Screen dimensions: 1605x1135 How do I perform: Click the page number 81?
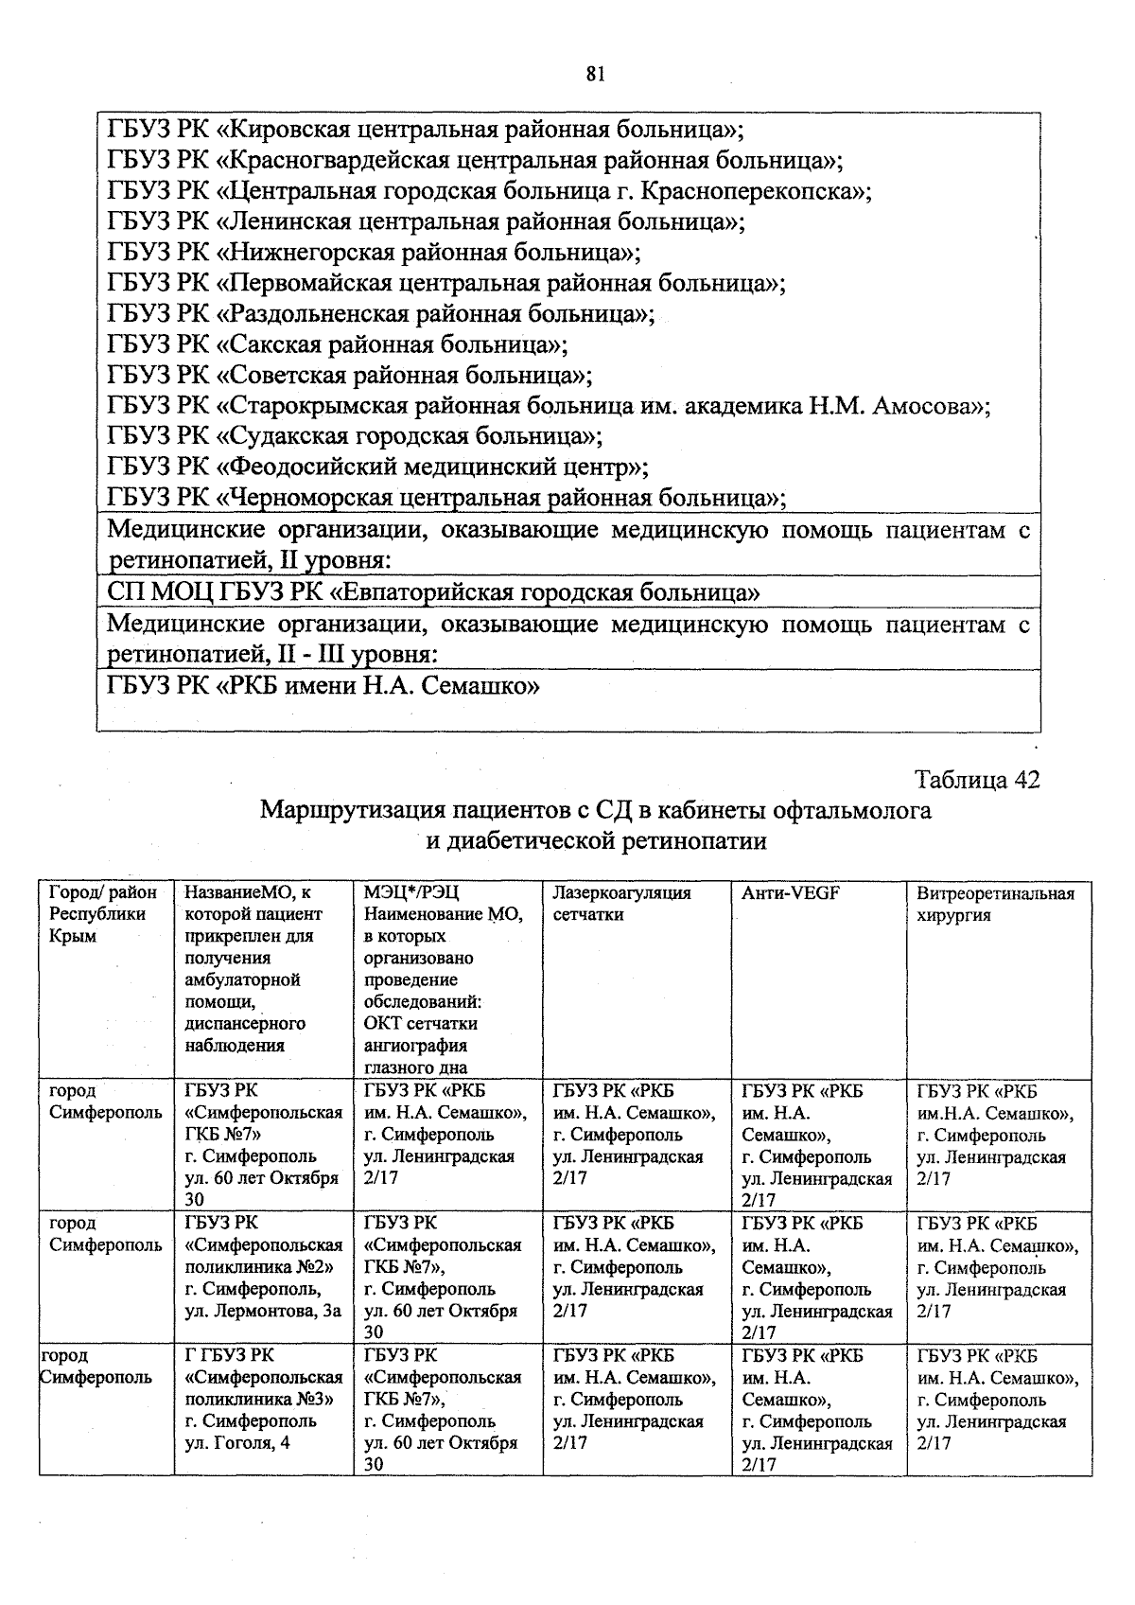pos(595,75)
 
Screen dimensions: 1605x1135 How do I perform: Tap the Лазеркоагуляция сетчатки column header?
pos(622,903)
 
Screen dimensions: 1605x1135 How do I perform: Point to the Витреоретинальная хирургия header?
pos(995,903)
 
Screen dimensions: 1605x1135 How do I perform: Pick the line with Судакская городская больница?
pos(355,436)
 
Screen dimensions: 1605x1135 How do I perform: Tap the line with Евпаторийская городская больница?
pos(433,593)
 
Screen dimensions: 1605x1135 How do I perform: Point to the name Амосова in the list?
pos(931,406)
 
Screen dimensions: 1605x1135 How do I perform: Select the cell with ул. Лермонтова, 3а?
pos(263,1311)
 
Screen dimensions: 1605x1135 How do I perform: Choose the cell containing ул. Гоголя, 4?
pos(237,1442)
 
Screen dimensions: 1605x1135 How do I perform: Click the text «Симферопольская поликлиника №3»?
pos(263,1388)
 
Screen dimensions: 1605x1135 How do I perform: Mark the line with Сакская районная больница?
pos(338,344)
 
